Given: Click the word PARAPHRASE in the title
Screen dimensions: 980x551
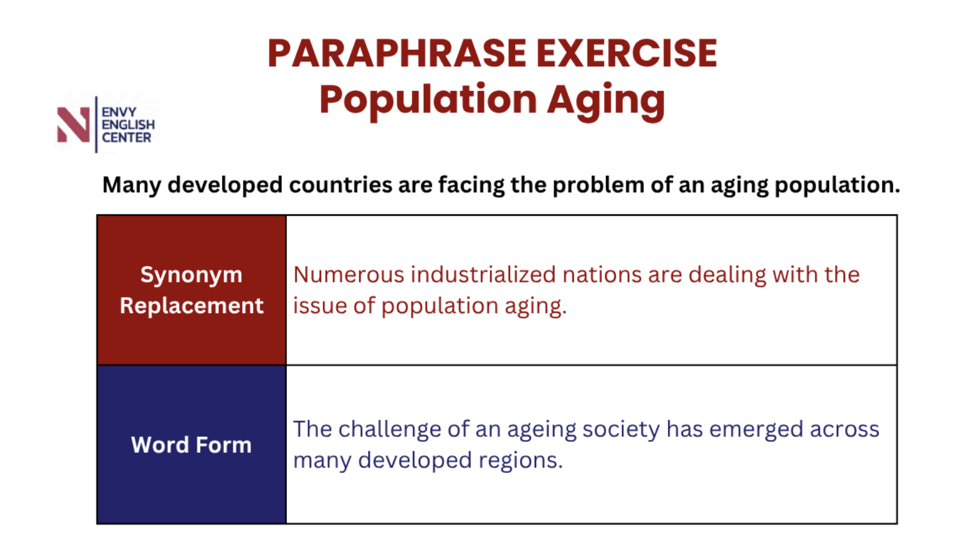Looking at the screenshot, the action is point(397,54).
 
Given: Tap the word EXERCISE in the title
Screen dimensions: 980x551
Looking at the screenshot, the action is point(626,54).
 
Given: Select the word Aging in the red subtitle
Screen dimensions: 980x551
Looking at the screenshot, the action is point(606,101).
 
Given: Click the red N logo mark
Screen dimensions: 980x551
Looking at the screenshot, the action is point(74,125).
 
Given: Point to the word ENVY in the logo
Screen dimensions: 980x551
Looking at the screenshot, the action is point(119,112).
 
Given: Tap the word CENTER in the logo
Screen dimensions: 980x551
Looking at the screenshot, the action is point(126,137).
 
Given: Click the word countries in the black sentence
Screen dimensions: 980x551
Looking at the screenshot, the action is point(341,185).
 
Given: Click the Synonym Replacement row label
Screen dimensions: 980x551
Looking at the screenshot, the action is point(192,290).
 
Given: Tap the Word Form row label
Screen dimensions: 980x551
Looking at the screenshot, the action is point(192,444).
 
